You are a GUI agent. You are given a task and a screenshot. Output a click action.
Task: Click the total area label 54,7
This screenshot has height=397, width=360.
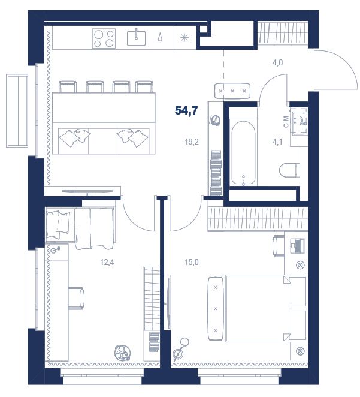pyautogui.click(x=186, y=110)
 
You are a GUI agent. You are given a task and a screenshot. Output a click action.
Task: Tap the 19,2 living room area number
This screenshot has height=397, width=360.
pyautogui.click(x=192, y=142)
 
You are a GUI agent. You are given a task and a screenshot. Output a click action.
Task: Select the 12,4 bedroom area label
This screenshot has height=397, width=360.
pyautogui.click(x=107, y=262)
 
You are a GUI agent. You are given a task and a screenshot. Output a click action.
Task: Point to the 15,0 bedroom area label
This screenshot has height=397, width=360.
pyautogui.click(x=192, y=262)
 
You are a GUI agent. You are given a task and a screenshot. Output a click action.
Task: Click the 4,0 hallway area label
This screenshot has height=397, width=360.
pyautogui.click(x=277, y=62)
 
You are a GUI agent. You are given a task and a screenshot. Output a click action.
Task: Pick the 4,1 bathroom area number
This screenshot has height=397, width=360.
pyautogui.click(x=277, y=142)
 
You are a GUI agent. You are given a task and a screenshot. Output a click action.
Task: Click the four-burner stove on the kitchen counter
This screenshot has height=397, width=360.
pyautogui.click(x=104, y=38)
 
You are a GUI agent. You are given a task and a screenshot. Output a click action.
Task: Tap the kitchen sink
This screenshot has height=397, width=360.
pyautogui.click(x=136, y=37)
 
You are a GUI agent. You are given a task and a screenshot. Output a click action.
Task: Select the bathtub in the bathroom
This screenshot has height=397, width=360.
pyautogui.click(x=243, y=153)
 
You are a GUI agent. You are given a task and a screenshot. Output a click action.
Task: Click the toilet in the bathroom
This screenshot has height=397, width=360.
pyautogui.click(x=289, y=170)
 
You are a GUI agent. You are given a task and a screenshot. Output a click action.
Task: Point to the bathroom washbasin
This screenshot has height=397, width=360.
pyautogui.click(x=299, y=121)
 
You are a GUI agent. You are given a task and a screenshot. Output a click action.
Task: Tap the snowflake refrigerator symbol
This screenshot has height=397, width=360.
pyautogui.click(x=184, y=38)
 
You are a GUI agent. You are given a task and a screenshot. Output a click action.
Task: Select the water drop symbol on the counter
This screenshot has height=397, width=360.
pyautogui.click(x=160, y=37)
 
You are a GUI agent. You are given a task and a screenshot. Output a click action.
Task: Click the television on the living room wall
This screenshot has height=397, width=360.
pyautogui.click(x=87, y=192)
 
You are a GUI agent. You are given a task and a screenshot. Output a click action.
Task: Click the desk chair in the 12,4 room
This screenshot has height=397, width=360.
pyautogui.click(x=76, y=298)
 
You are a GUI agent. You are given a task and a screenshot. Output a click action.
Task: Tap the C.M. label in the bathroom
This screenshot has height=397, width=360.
pyautogui.click(x=286, y=121)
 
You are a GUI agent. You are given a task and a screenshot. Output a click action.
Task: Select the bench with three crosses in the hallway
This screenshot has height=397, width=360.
pyautogui.click(x=232, y=91)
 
